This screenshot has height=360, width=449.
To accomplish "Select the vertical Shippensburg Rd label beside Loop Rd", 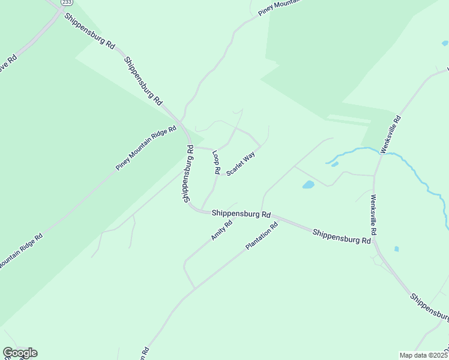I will tap(187, 174).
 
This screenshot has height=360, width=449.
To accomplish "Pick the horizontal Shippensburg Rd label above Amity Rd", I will tap(241, 214).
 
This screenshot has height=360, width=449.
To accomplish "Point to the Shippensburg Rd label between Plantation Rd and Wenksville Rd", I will tap(342, 235).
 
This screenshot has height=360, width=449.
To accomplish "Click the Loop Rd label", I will tap(216, 162).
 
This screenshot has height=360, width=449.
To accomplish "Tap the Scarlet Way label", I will tap(241, 163).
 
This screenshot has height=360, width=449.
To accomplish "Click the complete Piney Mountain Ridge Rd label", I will tap(146, 148).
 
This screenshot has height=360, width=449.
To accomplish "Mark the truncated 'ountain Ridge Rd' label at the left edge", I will tap(20, 251).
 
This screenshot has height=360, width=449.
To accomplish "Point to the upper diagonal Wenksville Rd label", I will tap(390, 134).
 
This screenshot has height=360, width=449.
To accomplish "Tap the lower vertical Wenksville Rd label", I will tap(373, 214).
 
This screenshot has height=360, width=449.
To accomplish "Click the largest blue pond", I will tap(308, 185).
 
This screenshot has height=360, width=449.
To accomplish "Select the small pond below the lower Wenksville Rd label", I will tap(396, 248).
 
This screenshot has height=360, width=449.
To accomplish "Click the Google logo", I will tap(20, 353).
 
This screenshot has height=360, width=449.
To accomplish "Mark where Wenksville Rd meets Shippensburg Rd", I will tap(374, 239).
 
